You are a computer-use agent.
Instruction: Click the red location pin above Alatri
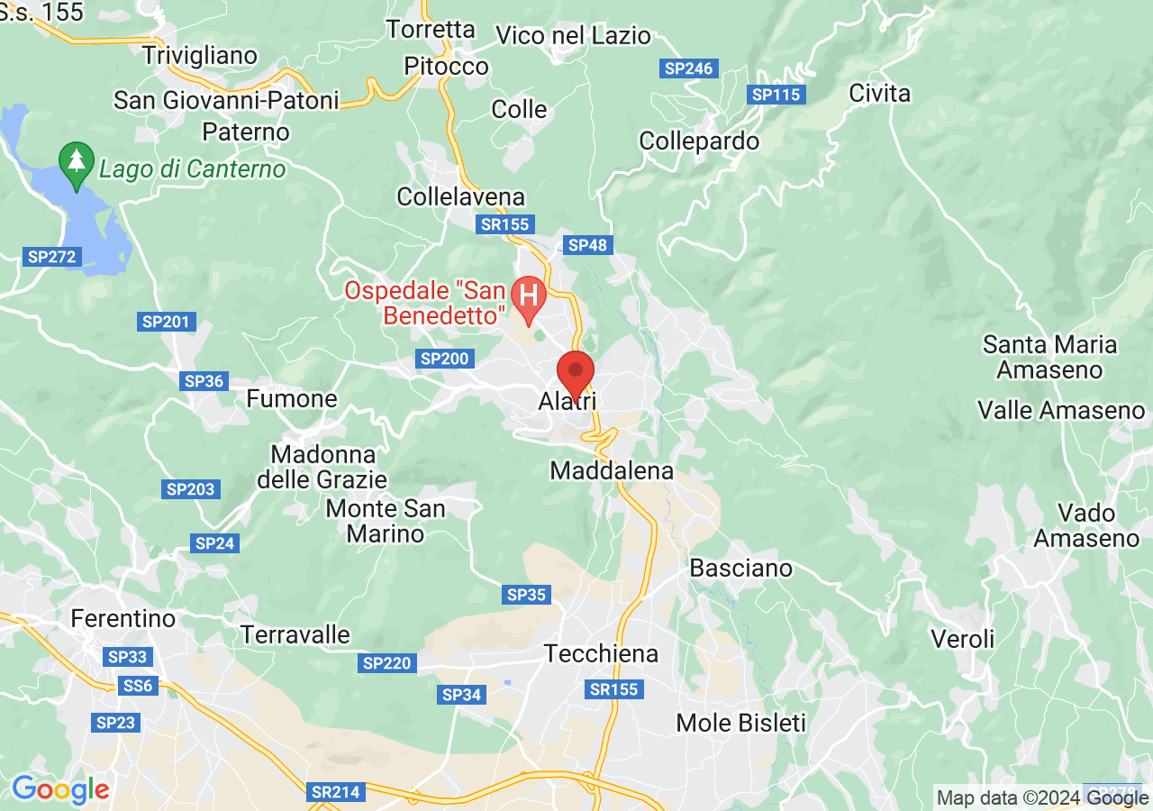[576, 372]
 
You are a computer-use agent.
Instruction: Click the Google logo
[60, 789]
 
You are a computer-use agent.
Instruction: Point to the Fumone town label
[292, 398]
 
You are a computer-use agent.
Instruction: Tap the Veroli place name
[963, 639]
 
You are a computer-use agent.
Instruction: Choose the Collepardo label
[699, 141]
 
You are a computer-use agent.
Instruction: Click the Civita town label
[879, 94]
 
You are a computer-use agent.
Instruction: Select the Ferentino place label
[123, 619]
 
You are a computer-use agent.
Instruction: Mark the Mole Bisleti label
[740, 723]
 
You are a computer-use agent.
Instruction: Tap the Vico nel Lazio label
[573, 36]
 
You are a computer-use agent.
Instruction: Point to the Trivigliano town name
[200, 55]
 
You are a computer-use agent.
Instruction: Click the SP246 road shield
[688, 68]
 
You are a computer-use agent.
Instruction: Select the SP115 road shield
[776, 94]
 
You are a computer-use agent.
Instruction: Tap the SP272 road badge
[52, 257]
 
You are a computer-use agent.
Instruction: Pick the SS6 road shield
[138, 686]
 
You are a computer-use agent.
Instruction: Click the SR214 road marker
[335, 792]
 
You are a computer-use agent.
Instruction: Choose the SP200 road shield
[444, 359]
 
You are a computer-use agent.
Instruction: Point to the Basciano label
[740, 568]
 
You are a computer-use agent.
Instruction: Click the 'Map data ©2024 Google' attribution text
[1041, 797]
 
